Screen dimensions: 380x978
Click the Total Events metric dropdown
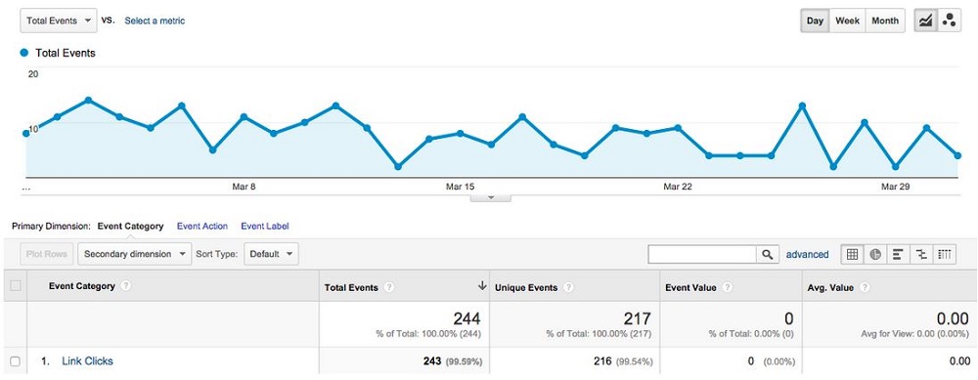pos(59,20)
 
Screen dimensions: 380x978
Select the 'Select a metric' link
pos(155,21)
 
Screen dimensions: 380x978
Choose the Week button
pos(847,21)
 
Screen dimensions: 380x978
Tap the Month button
pos(885,21)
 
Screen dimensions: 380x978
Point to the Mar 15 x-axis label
pos(460,186)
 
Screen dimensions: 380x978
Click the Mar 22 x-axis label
pos(677,186)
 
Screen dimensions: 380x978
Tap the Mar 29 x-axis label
pos(894,186)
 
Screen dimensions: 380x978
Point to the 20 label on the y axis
pos(33,74)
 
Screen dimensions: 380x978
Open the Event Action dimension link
pos(201,227)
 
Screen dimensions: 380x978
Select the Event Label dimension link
pos(264,227)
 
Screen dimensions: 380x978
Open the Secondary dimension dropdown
pos(135,254)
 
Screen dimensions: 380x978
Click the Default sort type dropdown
pos(271,254)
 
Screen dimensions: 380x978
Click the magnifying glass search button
pos(769,254)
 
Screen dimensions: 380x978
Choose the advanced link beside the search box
pos(807,255)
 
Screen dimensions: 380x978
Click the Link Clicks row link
pos(87,361)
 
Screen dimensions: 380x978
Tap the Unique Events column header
pos(525,287)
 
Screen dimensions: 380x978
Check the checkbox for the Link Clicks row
pos(15,361)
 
